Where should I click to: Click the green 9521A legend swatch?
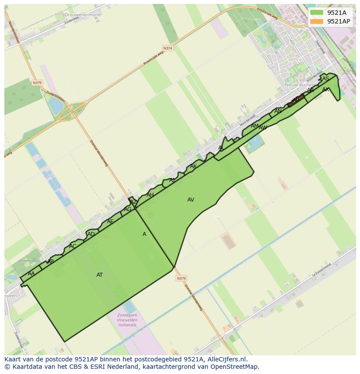point(317,13)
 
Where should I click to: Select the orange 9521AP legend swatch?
point(317,21)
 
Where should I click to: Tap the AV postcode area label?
point(190,200)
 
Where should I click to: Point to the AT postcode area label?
point(100,275)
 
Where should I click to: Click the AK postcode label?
point(193,166)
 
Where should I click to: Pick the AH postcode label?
point(150,195)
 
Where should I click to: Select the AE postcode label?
point(110,222)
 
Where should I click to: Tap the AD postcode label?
point(91,235)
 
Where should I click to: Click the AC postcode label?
point(73,246)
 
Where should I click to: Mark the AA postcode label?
point(31,274)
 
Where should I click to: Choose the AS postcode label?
point(326,79)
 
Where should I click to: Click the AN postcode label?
point(278,111)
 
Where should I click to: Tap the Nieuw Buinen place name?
point(299,85)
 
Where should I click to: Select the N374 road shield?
point(167,48)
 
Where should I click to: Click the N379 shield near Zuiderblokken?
point(37,83)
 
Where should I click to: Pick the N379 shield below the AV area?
point(181,278)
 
